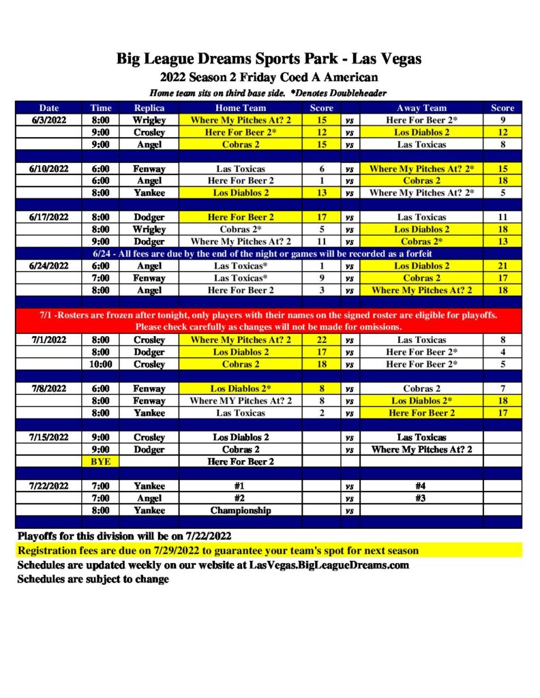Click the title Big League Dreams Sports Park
coord(269,59)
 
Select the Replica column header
coord(149,108)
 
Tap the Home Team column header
coord(241,108)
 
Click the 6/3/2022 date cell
coord(49,120)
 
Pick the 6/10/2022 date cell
coord(49,168)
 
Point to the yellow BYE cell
coord(100,461)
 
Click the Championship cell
coord(241,510)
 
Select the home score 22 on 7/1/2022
coord(322,339)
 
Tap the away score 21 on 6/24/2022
coord(502,266)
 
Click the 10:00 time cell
coord(100,364)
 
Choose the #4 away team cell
coord(421,486)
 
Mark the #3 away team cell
coord(421,498)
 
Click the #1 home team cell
coord(241,486)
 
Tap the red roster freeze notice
coord(269,321)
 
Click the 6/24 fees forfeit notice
coord(269,254)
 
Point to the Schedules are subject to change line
coord(93,579)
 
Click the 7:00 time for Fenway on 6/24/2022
coord(100,278)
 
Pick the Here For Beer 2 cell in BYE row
coord(241,461)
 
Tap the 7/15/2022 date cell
coord(49,437)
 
